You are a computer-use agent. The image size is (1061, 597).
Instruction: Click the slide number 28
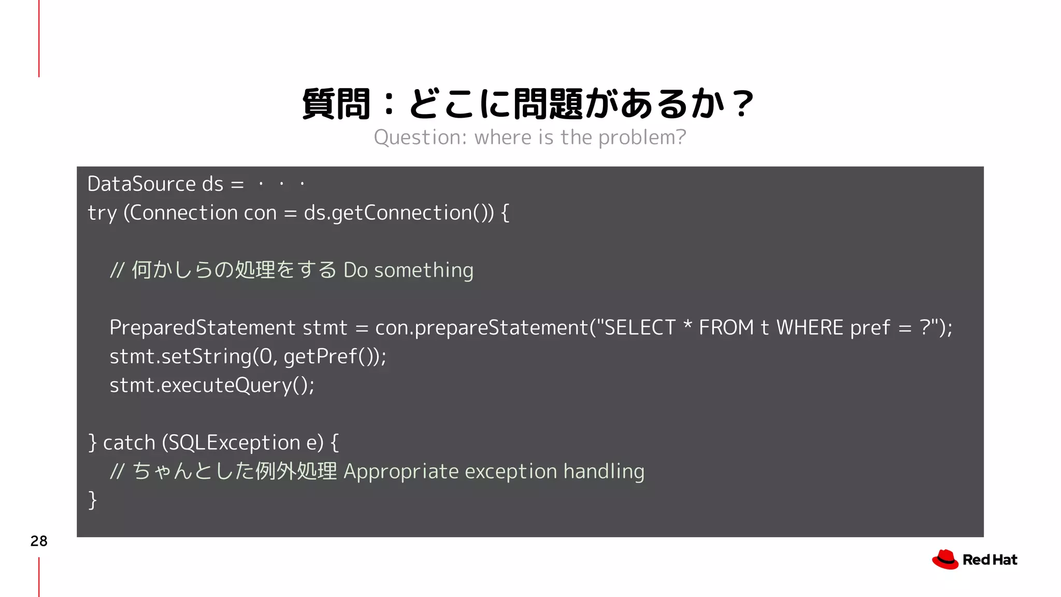pyautogui.click(x=39, y=541)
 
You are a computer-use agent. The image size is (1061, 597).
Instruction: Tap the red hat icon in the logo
pyautogui.click(x=945, y=560)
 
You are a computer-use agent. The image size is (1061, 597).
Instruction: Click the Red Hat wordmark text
pyautogui.click(x=990, y=560)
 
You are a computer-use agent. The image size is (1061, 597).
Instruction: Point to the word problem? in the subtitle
pyautogui.click(x=642, y=138)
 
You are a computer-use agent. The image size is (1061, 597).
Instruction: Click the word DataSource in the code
pyautogui.click(x=141, y=184)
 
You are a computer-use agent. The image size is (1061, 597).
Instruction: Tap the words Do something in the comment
pyautogui.click(x=408, y=270)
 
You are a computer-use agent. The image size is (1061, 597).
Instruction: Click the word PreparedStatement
pyautogui.click(x=202, y=328)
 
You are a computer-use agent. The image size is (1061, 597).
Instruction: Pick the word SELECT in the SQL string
pyautogui.click(x=640, y=328)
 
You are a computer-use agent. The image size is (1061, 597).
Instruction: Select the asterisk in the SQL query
pyautogui.click(x=687, y=325)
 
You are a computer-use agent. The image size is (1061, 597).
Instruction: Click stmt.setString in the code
pyautogui.click(x=180, y=357)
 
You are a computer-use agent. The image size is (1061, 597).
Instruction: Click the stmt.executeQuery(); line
pyautogui.click(x=212, y=386)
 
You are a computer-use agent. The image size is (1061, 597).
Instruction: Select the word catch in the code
pyautogui.click(x=129, y=443)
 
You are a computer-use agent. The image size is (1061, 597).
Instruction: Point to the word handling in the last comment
pyautogui.click(x=604, y=472)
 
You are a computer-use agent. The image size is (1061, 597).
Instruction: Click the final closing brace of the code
pyautogui.click(x=92, y=500)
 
